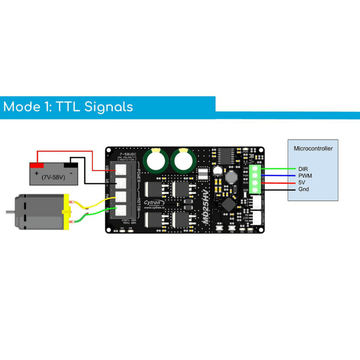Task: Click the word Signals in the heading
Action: [x=94, y=107]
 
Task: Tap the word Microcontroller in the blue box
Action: [x=313, y=148]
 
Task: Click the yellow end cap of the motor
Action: [x=67, y=211]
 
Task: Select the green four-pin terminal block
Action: [x=256, y=179]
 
